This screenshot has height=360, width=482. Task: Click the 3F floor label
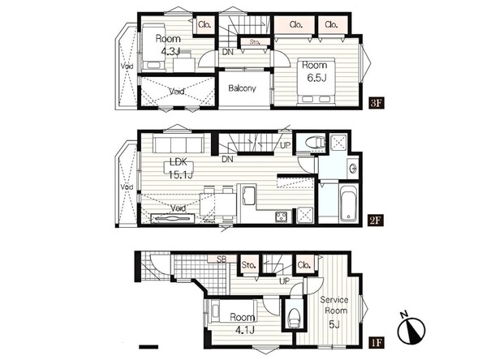tap(377, 103)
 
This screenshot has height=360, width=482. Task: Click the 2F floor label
tap(377, 221)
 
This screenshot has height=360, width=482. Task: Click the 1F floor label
tap(377, 342)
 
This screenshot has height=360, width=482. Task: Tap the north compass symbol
tap(411, 329)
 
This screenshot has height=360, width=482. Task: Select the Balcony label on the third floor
tap(242, 88)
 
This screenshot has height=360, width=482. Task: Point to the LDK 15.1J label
tap(180, 169)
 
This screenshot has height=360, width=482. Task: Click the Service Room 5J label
tap(334, 311)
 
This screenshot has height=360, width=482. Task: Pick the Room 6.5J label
tap(315, 71)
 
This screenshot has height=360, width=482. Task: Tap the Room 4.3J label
tap(168, 45)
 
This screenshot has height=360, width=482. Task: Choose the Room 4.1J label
tap(243, 324)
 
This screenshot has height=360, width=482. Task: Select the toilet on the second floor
tap(315, 142)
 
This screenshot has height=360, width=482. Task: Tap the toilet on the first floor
tap(294, 318)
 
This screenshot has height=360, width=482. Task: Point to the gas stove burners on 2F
tap(281, 216)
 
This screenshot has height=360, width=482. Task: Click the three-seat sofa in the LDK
tap(179, 144)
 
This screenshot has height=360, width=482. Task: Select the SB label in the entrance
tap(222, 259)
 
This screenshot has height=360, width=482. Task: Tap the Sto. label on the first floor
tap(248, 264)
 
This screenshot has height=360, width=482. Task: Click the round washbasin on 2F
tap(353, 168)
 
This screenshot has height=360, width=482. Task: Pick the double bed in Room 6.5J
tap(316, 81)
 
